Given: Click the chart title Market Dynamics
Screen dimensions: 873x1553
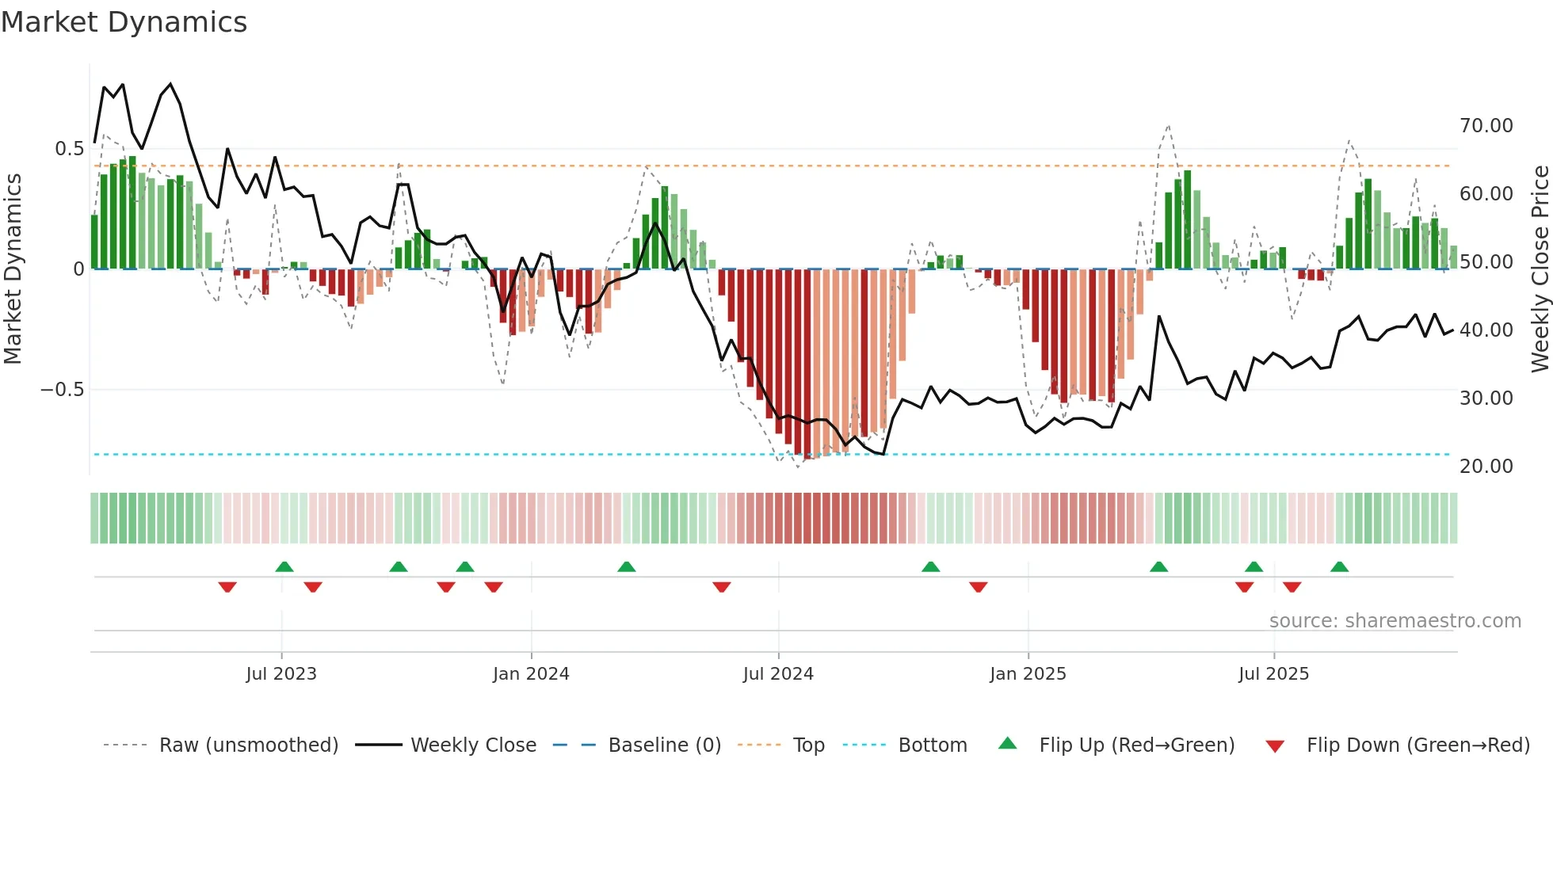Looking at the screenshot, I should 124,22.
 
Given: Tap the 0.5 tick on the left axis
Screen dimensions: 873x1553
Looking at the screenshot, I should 69,149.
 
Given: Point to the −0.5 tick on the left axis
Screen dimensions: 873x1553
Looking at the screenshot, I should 62,390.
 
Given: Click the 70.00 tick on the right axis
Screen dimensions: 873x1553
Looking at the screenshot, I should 1486,126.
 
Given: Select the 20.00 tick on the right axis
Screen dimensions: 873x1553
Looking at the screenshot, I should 1486,467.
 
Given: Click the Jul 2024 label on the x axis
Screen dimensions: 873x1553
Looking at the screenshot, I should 777,674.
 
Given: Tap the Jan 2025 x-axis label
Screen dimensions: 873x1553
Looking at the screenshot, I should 1027,674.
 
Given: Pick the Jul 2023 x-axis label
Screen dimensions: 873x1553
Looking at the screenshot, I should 280,674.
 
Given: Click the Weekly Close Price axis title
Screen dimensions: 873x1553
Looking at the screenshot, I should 1540,269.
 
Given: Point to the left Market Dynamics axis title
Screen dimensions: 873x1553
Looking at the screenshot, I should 13,269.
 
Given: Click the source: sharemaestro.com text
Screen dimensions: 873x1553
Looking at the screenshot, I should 1395,621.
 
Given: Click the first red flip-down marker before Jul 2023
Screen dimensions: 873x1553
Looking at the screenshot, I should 227,587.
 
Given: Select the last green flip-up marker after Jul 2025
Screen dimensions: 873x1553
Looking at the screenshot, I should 1339,566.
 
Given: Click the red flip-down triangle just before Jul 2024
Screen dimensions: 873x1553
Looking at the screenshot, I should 721,587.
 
